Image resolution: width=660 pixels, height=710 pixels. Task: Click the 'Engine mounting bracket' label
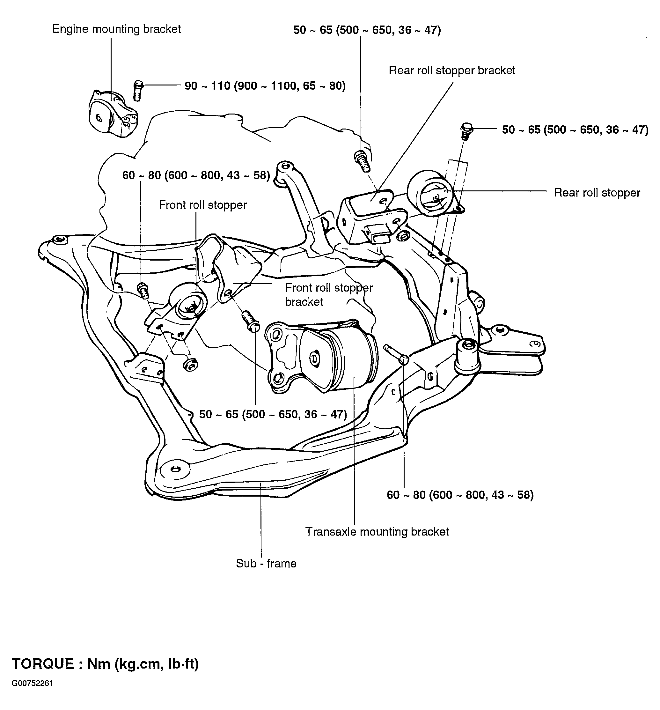pyautogui.click(x=116, y=29)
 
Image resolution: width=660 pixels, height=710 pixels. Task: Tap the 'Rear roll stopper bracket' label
pyautogui.click(x=452, y=70)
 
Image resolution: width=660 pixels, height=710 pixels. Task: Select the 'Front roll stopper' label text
pyautogui.click(x=203, y=205)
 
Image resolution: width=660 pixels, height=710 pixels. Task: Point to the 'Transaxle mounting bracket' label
pyautogui.click(x=377, y=532)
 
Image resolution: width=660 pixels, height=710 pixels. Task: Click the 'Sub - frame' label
pyautogui.click(x=266, y=564)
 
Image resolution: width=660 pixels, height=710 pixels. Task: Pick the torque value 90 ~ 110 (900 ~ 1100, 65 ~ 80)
pyautogui.click(x=265, y=86)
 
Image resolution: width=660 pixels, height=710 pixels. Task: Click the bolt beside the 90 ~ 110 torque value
pyautogui.click(x=138, y=91)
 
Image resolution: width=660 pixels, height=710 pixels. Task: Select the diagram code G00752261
pyautogui.click(x=33, y=684)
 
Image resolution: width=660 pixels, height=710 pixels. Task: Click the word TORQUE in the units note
pyautogui.click(x=43, y=663)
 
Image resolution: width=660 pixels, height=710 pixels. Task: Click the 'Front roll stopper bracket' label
pyautogui.click(x=329, y=295)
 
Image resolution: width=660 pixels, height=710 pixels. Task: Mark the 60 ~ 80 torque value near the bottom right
pyautogui.click(x=460, y=495)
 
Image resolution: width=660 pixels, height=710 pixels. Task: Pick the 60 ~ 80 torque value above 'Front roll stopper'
pyautogui.click(x=196, y=175)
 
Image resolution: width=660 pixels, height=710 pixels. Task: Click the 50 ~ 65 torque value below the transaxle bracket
pyautogui.click(x=273, y=414)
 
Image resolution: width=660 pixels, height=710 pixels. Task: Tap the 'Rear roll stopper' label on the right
pyautogui.click(x=597, y=193)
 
